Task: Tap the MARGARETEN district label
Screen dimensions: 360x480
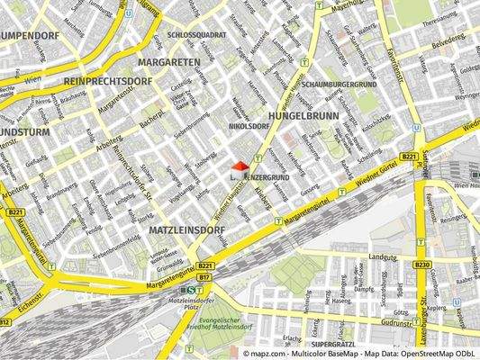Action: pyautogui.click(x=169, y=62)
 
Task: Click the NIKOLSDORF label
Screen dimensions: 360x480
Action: pyautogui.click(x=249, y=127)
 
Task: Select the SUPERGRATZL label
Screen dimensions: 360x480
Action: pyautogui.click(x=334, y=345)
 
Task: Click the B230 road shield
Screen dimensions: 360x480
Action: pyautogui.click(x=422, y=265)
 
